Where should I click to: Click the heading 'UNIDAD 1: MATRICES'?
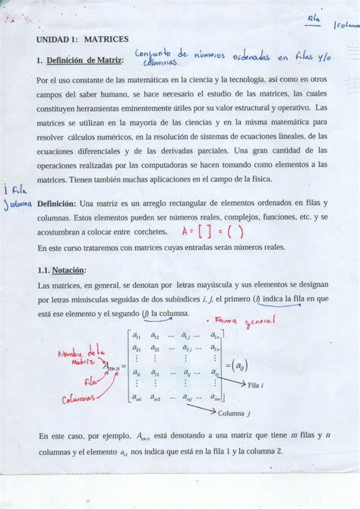(83, 39)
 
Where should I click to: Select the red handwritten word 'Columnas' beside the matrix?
(79, 398)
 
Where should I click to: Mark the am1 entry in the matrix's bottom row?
(136, 396)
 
